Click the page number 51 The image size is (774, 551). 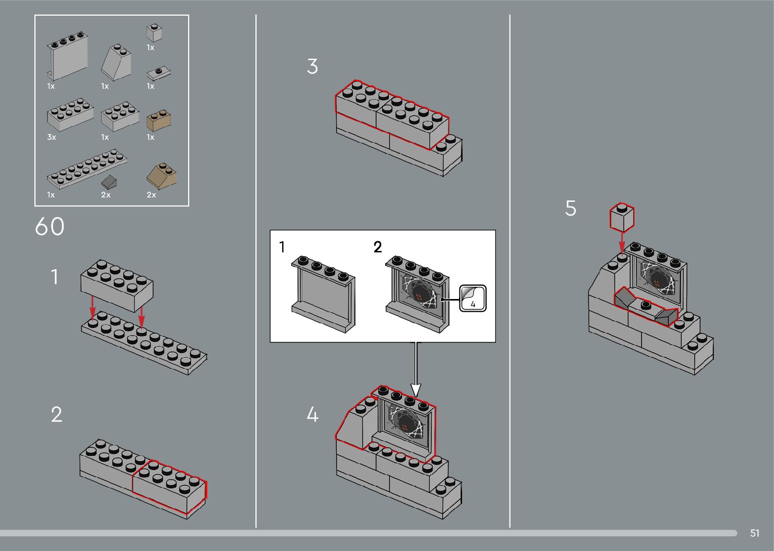[x=754, y=533]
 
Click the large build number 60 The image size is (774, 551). [x=50, y=227]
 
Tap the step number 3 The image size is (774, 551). [x=312, y=67]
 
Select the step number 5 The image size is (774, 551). [x=570, y=208]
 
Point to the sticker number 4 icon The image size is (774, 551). [x=473, y=299]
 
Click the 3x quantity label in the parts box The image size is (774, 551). [x=52, y=137]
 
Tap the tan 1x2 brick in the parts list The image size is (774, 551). [x=158, y=120]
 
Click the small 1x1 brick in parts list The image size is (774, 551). [x=154, y=33]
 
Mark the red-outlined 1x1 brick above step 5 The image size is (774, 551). [x=622, y=217]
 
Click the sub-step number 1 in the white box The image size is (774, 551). [x=282, y=247]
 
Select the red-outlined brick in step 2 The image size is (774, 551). [x=169, y=486]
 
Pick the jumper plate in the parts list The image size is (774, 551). [x=158, y=73]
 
